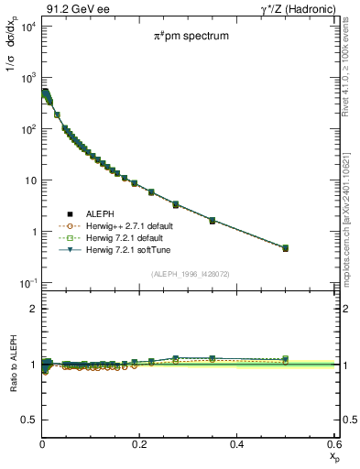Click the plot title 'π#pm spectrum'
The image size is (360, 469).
click(191, 37)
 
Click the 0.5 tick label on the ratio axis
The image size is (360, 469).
click(27, 420)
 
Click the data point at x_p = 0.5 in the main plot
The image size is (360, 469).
click(286, 248)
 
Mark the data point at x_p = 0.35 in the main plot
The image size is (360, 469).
click(213, 221)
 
